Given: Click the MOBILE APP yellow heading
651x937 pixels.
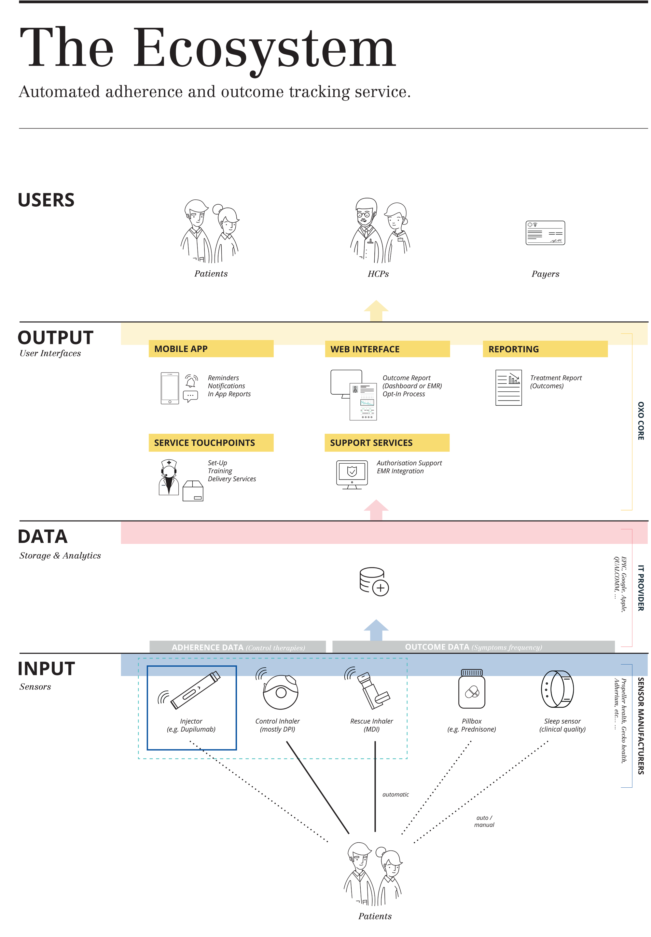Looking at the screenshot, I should click(211, 349).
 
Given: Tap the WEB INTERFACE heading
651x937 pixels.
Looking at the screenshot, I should click(387, 349).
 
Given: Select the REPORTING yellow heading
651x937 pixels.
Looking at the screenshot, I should click(545, 349).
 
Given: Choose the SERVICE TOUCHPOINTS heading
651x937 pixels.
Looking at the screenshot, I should click(211, 442).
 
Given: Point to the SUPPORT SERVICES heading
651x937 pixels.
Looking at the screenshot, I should click(387, 442).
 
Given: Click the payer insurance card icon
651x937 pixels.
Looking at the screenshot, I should click(545, 233).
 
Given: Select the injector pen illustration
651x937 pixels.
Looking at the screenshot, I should click(195, 690).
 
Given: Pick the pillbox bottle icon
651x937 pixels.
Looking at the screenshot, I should click(472, 689).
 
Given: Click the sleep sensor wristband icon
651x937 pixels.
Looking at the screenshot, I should click(557, 689).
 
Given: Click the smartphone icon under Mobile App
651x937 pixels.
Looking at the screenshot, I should click(170, 388).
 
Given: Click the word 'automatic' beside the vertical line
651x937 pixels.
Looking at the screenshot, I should click(395, 794).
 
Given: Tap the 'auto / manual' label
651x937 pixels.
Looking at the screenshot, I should click(484, 821).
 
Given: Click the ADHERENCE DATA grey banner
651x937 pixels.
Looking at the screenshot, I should click(238, 647).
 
